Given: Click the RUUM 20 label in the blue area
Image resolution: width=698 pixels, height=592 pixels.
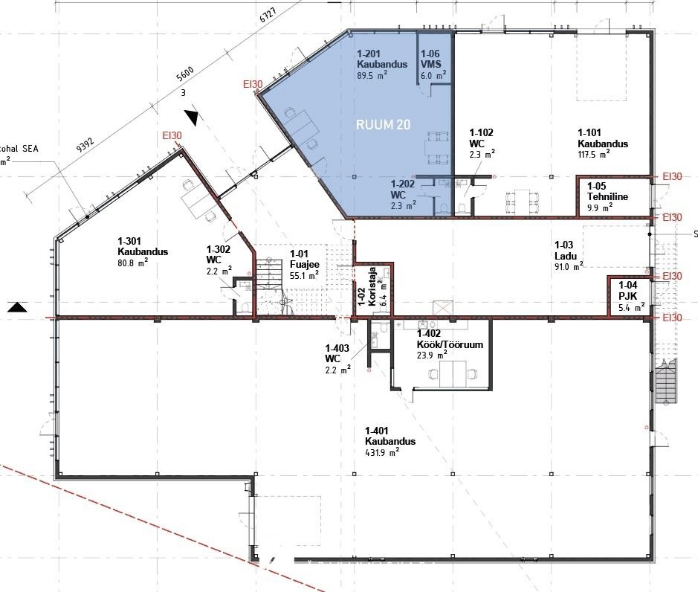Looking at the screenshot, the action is [x=383, y=124].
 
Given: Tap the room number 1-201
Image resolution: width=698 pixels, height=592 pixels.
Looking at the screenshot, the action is [x=369, y=54].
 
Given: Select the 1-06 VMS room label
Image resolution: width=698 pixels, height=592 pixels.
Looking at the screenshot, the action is [x=431, y=59].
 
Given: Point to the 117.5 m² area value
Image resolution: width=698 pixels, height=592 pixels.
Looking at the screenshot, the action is [x=594, y=154].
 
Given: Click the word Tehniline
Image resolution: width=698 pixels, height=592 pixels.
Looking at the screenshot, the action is [x=607, y=196].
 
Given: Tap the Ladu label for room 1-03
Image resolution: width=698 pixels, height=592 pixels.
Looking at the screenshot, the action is [x=566, y=256].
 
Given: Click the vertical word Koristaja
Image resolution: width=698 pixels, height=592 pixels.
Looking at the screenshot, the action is [x=372, y=286].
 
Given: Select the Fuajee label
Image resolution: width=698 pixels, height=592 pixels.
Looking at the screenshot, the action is [x=305, y=264].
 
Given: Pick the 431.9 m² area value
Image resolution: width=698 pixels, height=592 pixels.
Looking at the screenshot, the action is [x=382, y=452].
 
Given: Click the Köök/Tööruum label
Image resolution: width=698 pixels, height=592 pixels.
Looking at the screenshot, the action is [x=450, y=344].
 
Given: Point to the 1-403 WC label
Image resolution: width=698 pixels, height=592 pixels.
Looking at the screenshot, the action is [x=337, y=353].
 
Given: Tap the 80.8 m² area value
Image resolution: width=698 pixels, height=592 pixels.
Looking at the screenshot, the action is [x=132, y=263].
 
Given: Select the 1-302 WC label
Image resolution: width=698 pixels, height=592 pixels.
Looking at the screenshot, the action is [x=218, y=254].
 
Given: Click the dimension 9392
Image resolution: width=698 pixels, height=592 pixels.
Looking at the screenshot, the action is [x=85, y=145].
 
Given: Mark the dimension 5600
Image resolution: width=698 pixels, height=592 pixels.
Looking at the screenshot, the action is [x=185, y=74].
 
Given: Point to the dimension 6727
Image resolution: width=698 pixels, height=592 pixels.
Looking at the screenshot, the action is [x=268, y=15].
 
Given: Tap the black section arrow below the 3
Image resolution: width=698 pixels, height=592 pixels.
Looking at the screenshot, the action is [x=192, y=117].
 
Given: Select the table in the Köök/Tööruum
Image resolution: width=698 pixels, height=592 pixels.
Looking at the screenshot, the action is [x=453, y=374].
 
